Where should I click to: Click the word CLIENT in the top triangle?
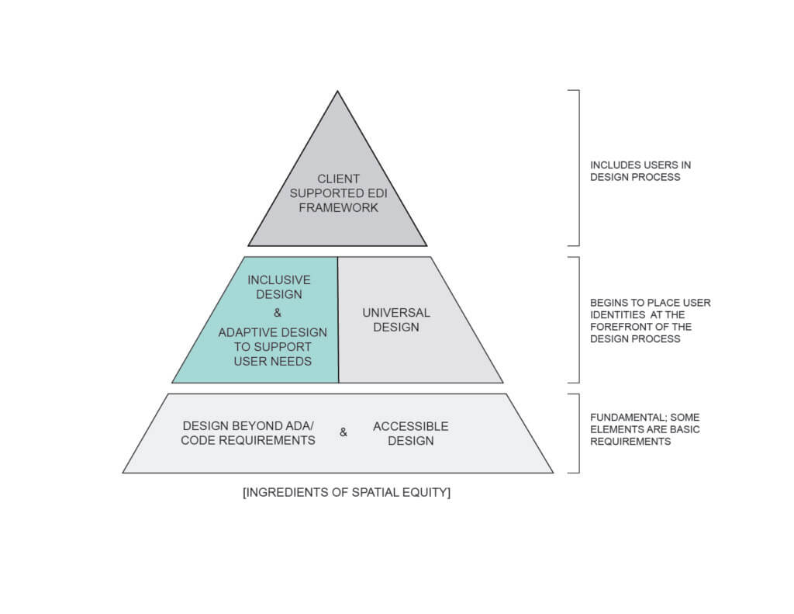click(338, 179)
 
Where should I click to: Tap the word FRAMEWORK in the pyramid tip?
click(338, 207)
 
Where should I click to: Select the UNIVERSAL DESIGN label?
click(395, 320)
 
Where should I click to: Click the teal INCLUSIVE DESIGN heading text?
click(278, 287)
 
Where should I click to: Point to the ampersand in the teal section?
click(278, 313)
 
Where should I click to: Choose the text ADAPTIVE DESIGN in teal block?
click(272, 332)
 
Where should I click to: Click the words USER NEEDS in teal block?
click(273, 361)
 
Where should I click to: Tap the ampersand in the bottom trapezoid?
click(343, 432)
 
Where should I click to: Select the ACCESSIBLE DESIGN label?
click(410, 433)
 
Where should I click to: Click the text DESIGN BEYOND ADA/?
click(248, 425)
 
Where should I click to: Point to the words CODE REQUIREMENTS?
click(248, 440)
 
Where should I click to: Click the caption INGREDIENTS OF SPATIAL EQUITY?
click(346, 492)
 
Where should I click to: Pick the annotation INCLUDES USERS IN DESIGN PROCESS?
click(640, 171)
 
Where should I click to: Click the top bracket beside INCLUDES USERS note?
click(577, 168)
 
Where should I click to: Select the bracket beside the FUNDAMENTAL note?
click(577, 433)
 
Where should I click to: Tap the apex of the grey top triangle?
click(337, 92)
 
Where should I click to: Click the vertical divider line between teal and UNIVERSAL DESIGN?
click(338, 320)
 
